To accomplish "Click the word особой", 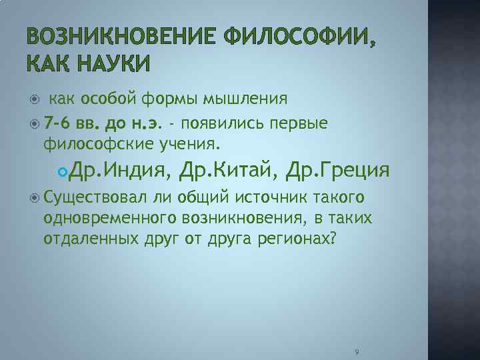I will [108, 99].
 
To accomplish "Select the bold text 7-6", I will [61, 123].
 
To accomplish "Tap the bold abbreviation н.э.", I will [147, 123].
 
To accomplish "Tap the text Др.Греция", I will [337, 171].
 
